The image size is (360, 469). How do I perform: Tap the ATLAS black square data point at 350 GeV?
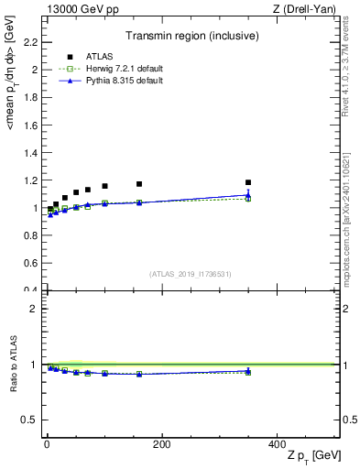(247, 182)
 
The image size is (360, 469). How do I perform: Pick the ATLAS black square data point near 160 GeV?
(138, 184)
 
